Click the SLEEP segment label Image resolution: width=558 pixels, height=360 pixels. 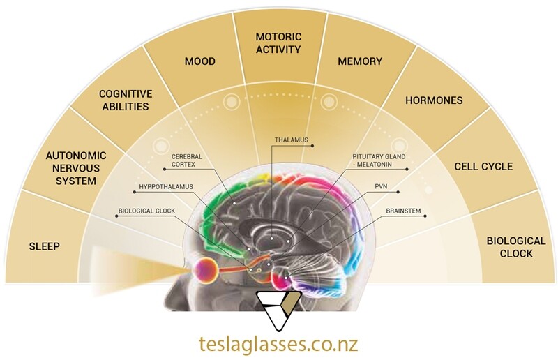[x=44, y=246]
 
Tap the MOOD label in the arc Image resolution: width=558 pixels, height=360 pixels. [x=200, y=61]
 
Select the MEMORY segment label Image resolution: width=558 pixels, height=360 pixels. [x=360, y=61]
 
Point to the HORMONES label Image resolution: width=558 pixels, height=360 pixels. [x=434, y=100]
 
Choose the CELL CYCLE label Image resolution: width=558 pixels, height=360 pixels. [x=483, y=166]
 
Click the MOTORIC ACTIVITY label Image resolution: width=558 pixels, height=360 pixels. [x=278, y=43]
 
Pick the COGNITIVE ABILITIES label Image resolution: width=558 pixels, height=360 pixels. [x=126, y=100]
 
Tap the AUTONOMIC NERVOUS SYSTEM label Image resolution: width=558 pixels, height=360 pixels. [x=76, y=168]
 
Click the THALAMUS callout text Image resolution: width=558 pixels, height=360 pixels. [x=291, y=140]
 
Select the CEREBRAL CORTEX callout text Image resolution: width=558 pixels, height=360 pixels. [x=187, y=160]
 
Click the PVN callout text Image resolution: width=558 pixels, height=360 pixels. [x=381, y=186]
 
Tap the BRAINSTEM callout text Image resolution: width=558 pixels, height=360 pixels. [x=403, y=211]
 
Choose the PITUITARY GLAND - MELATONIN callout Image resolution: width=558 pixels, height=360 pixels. [x=379, y=160]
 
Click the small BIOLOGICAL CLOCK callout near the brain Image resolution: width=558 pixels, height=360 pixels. [x=146, y=211]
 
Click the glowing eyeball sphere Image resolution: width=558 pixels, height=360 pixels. [x=204, y=271]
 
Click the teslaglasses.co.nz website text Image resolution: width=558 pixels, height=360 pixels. [x=278, y=345]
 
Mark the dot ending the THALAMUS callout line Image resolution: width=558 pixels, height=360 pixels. [x=312, y=145]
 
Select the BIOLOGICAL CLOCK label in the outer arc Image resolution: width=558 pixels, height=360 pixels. [x=516, y=248]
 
